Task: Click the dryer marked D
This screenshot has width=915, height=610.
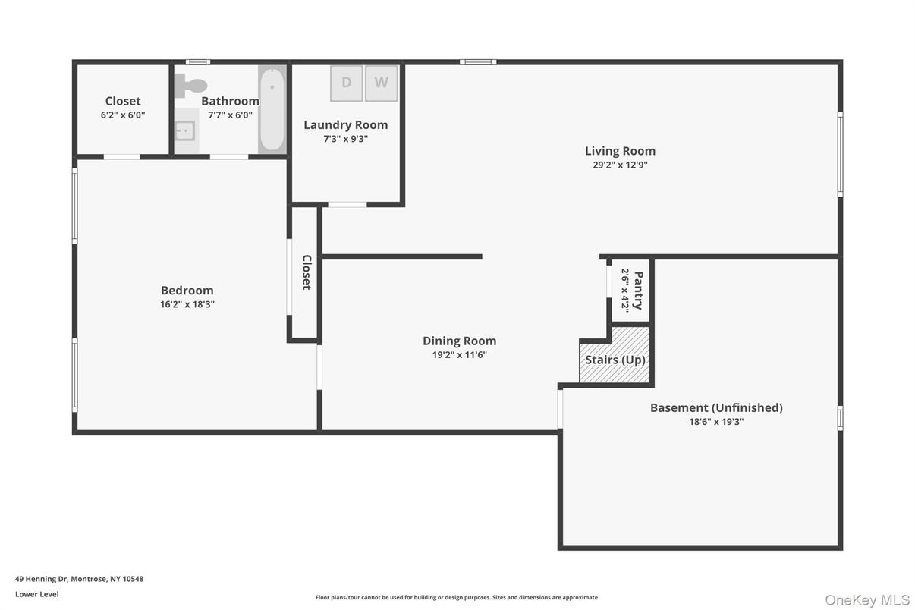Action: [x=346, y=83]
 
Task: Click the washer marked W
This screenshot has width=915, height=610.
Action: [x=381, y=83]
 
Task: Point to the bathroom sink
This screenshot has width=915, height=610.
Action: [x=184, y=131]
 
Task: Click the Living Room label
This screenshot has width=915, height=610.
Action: [x=620, y=151]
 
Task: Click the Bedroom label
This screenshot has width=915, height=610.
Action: [x=187, y=290]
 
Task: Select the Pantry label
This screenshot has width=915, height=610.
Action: [x=637, y=290]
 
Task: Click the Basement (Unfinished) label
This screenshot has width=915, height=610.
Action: [x=715, y=407]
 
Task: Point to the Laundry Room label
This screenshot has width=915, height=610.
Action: [x=345, y=125]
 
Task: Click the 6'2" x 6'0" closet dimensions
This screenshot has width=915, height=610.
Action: [x=123, y=115]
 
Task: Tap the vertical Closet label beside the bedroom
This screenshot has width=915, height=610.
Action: [x=307, y=272]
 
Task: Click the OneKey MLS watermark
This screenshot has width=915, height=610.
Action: [x=867, y=600]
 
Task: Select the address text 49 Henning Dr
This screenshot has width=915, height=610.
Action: [x=79, y=579]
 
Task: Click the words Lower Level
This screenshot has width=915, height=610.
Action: [x=36, y=594]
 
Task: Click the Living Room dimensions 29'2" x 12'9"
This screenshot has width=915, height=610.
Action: [x=620, y=165]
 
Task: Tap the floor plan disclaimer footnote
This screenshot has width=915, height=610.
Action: [x=457, y=598]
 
